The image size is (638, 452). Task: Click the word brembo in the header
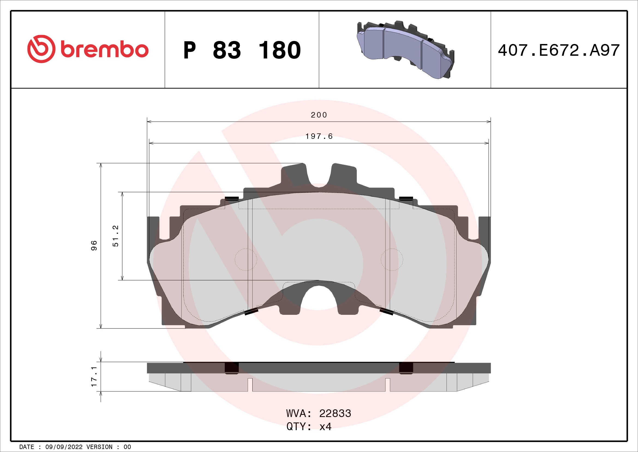[x=104, y=50]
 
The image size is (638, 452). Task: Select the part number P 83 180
[x=242, y=50]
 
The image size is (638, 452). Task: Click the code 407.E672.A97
[x=559, y=50]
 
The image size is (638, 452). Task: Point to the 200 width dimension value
[x=319, y=115]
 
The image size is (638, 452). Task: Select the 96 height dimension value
[x=94, y=245]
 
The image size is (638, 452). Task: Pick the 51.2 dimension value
[x=115, y=236]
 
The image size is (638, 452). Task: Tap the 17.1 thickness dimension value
[x=94, y=376]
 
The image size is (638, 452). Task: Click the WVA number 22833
[x=335, y=413]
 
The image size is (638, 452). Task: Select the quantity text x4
[x=325, y=426]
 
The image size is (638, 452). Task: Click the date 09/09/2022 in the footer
[x=64, y=447]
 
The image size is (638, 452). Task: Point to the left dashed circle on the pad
[x=246, y=259]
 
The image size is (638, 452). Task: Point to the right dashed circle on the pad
[x=391, y=259]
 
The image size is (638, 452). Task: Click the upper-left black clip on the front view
[x=232, y=198]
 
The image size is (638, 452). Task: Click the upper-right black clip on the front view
[x=406, y=198]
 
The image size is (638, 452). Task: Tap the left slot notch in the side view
[x=250, y=385]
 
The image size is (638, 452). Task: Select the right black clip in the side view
[x=406, y=368]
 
